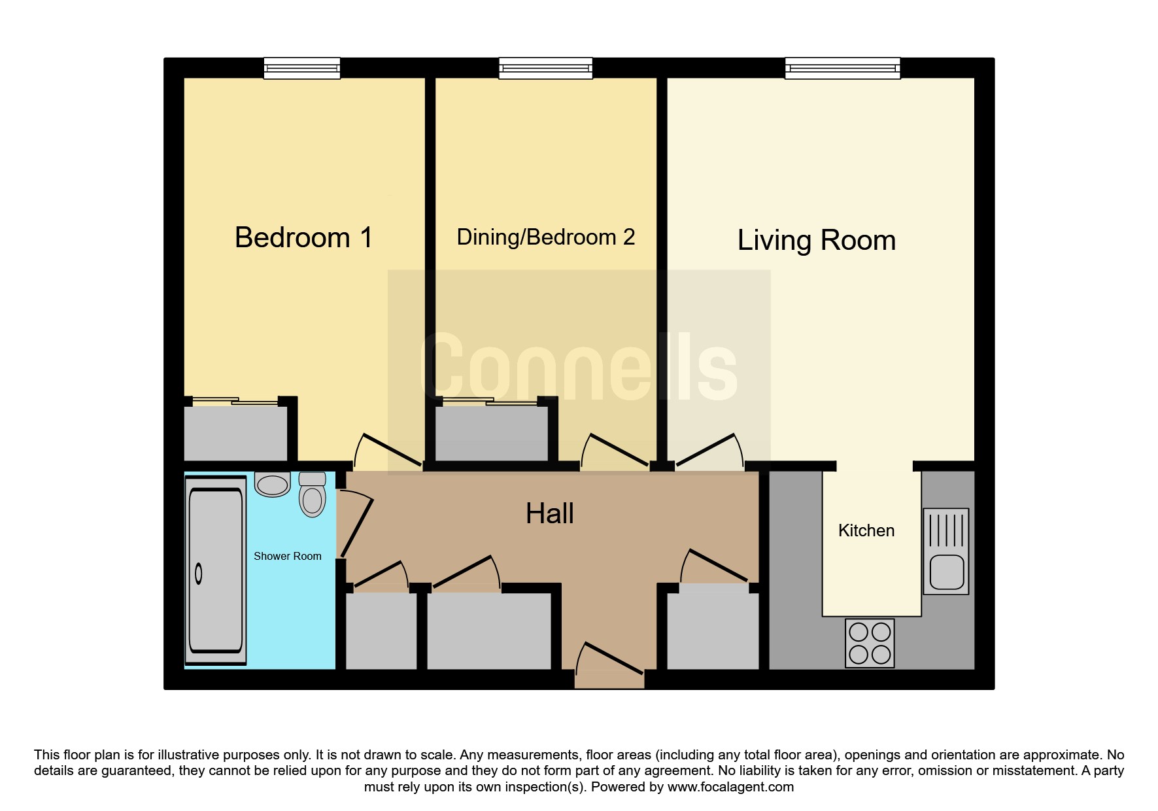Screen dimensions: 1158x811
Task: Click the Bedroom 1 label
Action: [303, 237]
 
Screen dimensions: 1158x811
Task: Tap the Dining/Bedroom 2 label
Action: [546, 237]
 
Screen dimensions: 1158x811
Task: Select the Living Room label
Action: [817, 241]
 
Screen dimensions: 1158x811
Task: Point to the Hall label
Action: [550, 514]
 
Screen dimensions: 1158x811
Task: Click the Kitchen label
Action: [866, 530]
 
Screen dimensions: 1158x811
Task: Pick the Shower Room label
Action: [288, 557]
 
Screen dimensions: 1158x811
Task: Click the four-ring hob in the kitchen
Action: [870, 643]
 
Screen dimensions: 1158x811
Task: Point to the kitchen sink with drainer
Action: [945, 551]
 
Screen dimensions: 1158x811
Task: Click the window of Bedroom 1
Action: [302, 68]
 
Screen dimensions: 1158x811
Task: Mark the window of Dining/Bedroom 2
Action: [546, 68]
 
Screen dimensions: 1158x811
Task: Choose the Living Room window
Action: [843, 68]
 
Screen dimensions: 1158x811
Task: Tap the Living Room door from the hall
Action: [710, 451]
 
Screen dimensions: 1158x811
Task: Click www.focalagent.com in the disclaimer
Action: [730, 787]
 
